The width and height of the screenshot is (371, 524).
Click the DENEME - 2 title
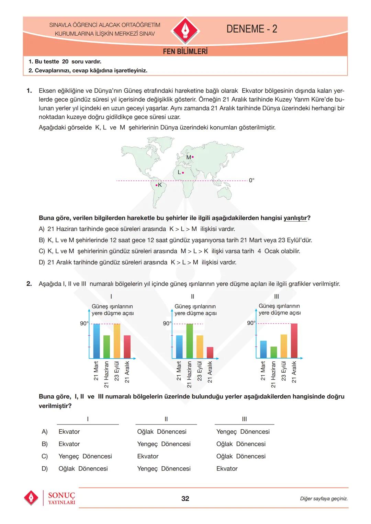pos(251,29)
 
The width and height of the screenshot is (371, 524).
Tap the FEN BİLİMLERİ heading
pos(185,51)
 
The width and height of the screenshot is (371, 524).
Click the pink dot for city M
pos(193,157)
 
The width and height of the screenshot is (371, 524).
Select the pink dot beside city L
pos(183,173)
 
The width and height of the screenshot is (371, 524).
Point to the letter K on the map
pos(160,185)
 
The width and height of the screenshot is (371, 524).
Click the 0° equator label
pos(251,180)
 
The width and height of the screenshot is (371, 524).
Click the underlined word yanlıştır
pos(295,218)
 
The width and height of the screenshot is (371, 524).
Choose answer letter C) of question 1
pos(42,251)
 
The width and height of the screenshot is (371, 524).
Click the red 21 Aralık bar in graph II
pos(210,352)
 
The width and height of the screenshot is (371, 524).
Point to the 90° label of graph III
pos(251,323)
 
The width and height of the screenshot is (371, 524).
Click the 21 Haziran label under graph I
pos(106,374)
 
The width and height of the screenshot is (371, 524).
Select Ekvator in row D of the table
pos(227,468)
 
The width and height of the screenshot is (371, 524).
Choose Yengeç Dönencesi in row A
pos(243,431)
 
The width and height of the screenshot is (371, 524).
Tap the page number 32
pos(185,499)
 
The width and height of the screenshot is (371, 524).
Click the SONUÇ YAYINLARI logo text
pos(61,498)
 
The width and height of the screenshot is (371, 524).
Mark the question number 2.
pos(29,284)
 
